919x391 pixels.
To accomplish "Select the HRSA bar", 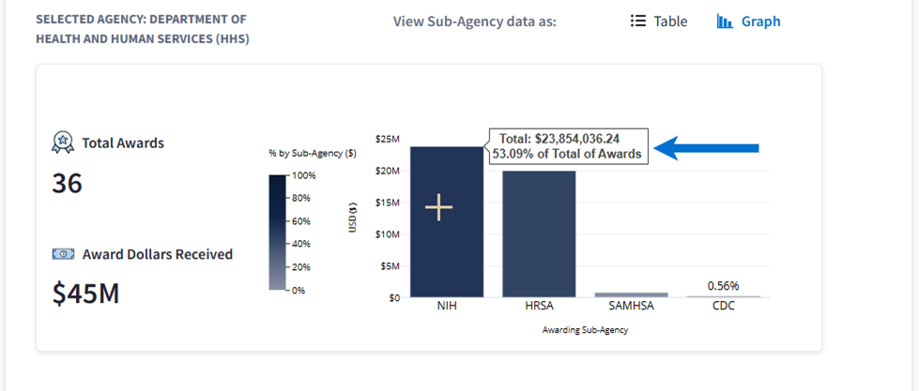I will point(539,234).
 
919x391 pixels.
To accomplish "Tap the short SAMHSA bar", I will point(631,294).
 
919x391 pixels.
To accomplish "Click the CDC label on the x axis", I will point(723,307).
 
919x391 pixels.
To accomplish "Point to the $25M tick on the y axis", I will point(387,139).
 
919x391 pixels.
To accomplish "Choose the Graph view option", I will point(749,22).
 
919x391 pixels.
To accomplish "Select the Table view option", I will point(659,22).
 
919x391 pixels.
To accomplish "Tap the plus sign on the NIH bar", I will point(439,208).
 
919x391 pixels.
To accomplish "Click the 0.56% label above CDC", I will point(724,285).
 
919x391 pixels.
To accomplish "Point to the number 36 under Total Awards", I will point(68,184).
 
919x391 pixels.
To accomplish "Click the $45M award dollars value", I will point(85,293).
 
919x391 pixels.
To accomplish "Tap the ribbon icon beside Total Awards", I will point(63,143).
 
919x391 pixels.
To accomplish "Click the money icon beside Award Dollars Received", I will point(63,254).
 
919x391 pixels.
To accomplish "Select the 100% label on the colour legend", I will point(305,175).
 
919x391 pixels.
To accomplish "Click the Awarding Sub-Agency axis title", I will point(585,330).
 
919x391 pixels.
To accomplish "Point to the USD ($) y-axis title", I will point(352,217).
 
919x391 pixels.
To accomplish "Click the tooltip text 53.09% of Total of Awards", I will point(567,153).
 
